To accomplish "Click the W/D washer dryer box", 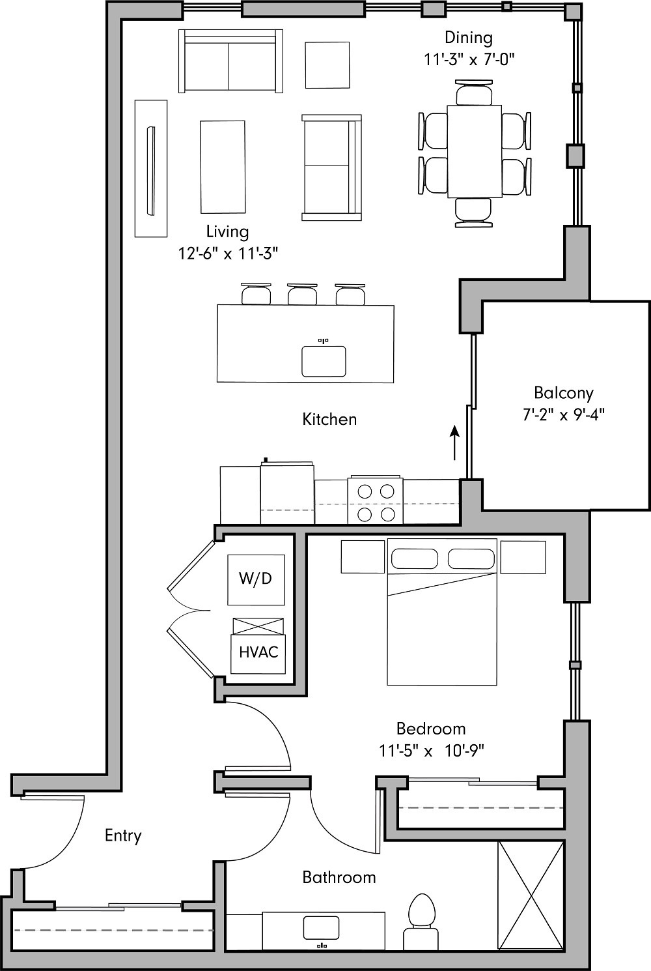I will pos(256,579).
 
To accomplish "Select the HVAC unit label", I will pos(258,652).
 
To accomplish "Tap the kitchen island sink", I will pos(324,361).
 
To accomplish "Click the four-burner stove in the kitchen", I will pos(376,502).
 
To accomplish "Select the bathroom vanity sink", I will pos(320,928).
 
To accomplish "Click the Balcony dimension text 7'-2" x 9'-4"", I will pos(564,415).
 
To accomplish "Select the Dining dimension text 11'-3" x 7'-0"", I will pos(469,59).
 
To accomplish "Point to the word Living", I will pos(227,231).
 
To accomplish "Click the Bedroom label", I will pos(431,729).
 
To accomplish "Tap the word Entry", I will pos(123,835).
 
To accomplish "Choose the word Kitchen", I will pos(329,419).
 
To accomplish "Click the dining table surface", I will pos(474,151).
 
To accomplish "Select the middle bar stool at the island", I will pos(303,295).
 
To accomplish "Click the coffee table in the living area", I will pos(223,167).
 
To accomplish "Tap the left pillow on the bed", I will pos(414,559).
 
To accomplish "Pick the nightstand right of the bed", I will pos(523,557).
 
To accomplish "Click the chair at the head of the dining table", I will pos(474,93).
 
